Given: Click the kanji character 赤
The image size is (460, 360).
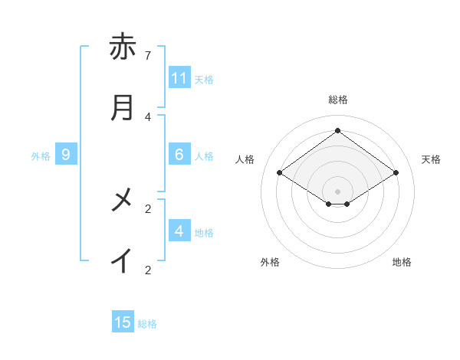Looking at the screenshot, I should (x=123, y=47).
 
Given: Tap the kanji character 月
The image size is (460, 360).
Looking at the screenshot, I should (x=123, y=108).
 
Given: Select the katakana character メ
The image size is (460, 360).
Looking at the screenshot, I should (x=123, y=200).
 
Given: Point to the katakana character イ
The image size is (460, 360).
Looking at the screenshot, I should (x=123, y=261).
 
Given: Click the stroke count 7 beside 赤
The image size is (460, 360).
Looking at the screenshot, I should (x=148, y=55).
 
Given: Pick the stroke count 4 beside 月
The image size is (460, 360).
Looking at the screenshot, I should (x=148, y=116).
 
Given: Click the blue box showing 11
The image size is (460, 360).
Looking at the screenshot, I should (x=179, y=78).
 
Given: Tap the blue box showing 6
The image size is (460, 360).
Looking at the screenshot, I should (x=179, y=155).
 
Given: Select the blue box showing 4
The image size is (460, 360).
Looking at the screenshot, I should (x=179, y=231).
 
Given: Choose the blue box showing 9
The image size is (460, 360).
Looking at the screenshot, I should (x=66, y=155).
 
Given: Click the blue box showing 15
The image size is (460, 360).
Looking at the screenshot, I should (x=123, y=322).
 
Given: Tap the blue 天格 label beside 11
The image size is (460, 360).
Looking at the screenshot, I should (x=204, y=79).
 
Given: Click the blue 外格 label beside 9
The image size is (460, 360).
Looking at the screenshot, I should (x=41, y=155).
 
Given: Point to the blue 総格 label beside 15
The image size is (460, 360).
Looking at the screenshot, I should (x=147, y=323).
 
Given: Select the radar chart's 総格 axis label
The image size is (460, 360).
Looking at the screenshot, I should (x=338, y=100).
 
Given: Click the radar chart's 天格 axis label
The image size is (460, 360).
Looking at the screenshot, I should (x=432, y=159).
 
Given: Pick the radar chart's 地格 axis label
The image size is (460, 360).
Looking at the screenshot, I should (x=402, y=262).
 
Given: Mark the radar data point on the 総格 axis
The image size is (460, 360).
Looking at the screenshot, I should (x=338, y=130).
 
